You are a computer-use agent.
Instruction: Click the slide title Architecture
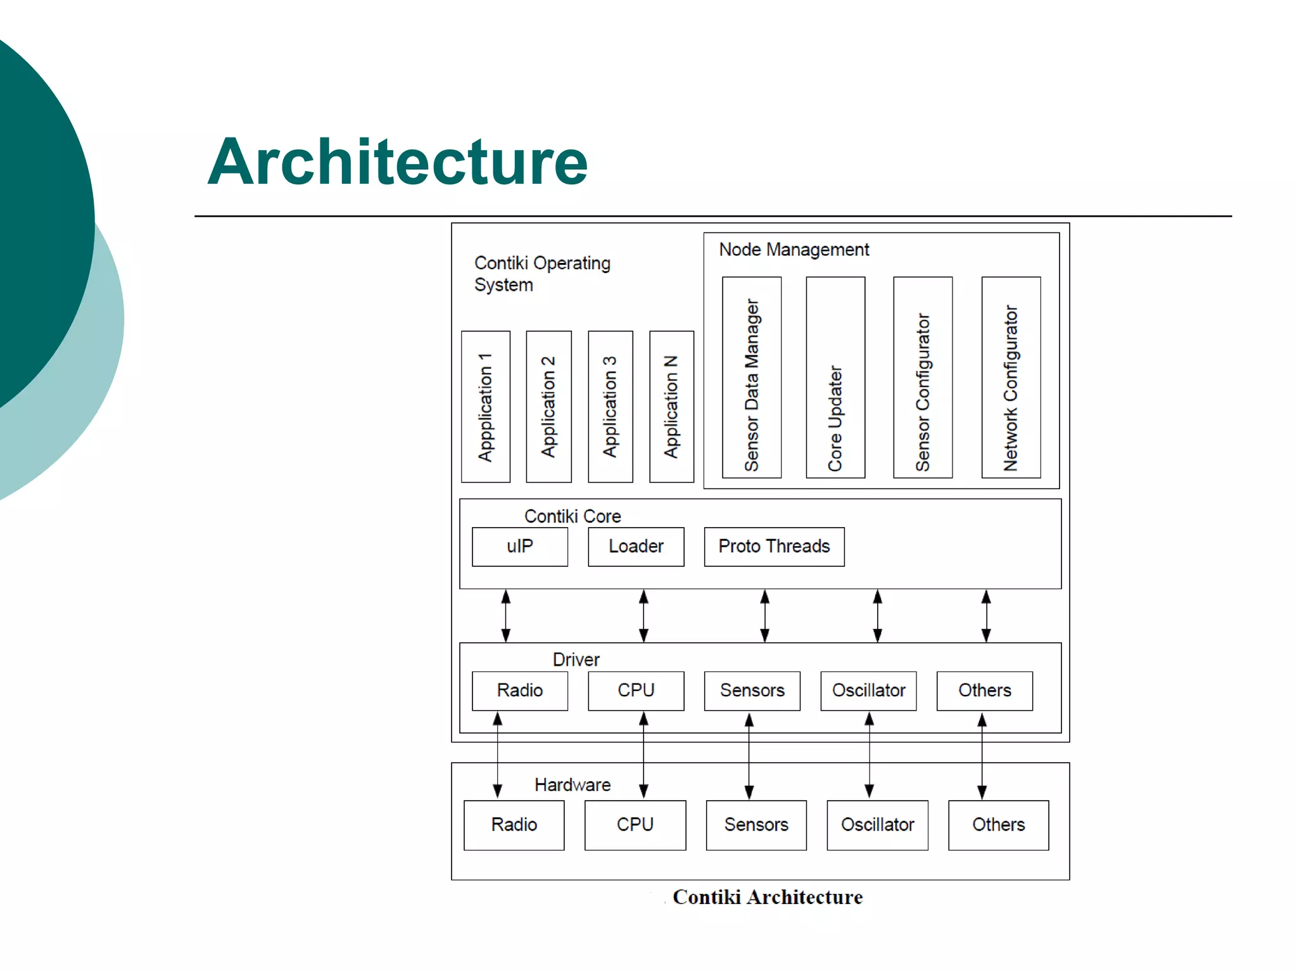(x=397, y=163)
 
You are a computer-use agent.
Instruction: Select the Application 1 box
(x=486, y=407)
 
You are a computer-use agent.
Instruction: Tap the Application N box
(x=671, y=407)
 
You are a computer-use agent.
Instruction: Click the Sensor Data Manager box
(x=752, y=378)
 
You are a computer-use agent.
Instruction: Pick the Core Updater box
(x=835, y=378)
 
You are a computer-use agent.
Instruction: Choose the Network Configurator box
(x=1011, y=378)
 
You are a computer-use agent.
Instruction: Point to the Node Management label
(x=794, y=250)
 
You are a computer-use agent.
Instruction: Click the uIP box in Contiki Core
(x=520, y=547)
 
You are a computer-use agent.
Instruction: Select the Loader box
(x=636, y=547)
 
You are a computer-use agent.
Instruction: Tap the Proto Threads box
(x=774, y=547)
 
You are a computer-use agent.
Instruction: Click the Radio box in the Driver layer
(x=520, y=690)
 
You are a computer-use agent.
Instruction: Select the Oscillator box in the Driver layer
(x=868, y=690)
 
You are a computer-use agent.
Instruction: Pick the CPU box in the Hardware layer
(x=635, y=825)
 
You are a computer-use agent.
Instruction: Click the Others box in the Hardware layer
(x=998, y=825)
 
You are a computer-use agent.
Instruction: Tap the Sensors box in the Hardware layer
(x=756, y=825)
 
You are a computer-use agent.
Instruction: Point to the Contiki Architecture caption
(x=768, y=898)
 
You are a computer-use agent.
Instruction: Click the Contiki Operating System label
(x=541, y=274)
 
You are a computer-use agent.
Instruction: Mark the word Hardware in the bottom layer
(x=573, y=785)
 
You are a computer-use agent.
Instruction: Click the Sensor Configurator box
(x=923, y=378)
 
